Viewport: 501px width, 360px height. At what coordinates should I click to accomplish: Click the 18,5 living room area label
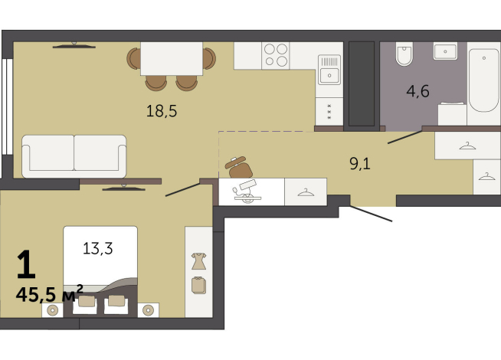[162, 110]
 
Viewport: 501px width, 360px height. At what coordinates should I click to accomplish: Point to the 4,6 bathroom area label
[417, 92]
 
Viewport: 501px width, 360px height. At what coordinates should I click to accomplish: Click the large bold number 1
[25, 264]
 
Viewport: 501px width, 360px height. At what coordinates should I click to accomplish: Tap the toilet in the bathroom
[403, 54]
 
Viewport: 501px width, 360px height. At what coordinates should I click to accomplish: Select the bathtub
[483, 80]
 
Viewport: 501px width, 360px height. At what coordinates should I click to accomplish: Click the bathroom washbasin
[445, 51]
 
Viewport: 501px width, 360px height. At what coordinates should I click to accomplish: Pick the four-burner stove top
[275, 55]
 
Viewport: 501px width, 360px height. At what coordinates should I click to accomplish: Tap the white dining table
[172, 58]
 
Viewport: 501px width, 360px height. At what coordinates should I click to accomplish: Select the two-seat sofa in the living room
[74, 155]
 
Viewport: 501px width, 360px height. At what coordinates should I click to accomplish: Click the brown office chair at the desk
[239, 166]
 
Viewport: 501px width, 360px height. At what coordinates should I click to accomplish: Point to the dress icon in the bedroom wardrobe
[198, 260]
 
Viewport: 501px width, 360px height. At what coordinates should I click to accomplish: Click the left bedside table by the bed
[53, 310]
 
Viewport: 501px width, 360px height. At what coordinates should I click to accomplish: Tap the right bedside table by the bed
[149, 310]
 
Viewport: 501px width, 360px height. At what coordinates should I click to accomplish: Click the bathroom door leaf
[404, 137]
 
